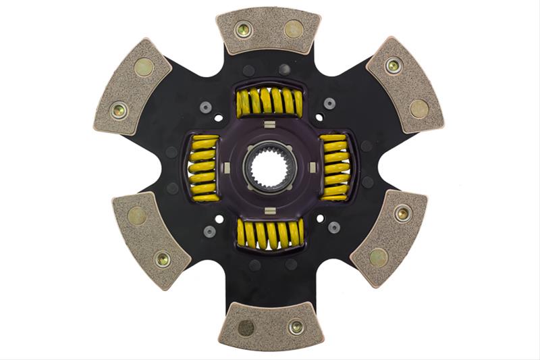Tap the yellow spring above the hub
tap(269, 101)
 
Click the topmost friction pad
tap(269, 30)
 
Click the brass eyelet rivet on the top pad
tap(243, 29)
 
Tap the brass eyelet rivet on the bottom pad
tap(295, 328)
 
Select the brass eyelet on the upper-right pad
tap(393, 66)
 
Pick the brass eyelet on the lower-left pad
tap(162, 258)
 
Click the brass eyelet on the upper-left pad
tap(119, 107)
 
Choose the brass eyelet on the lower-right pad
tap(402, 213)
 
